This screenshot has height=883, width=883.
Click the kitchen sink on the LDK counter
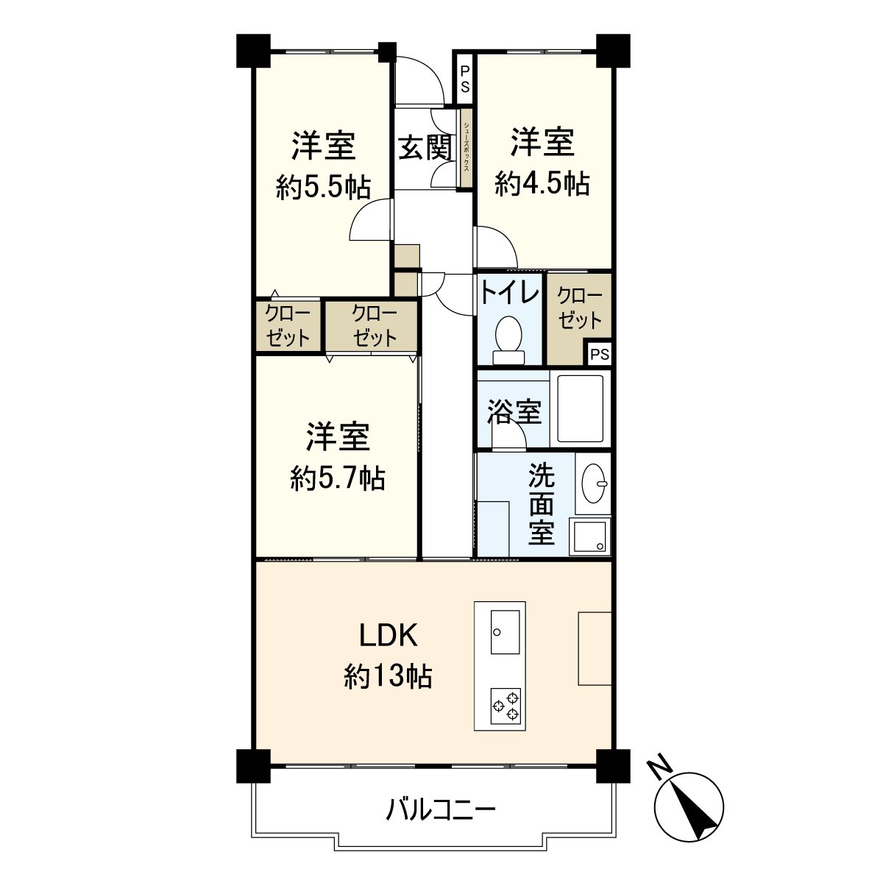tap(505, 631)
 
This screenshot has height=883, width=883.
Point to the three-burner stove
tap(506, 704)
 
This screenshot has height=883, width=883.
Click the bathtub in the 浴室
tap(580, 409)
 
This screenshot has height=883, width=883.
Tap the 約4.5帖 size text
tap(542, 183)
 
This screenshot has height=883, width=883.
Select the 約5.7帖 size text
tap(337, 479)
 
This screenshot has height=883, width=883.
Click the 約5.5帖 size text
tap(322, 188)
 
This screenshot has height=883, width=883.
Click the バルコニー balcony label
tap(441, 811)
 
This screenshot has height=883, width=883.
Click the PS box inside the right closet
tap(599, 354)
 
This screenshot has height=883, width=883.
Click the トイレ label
tap(509, 294)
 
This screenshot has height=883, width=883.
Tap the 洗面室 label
tap(542, 505)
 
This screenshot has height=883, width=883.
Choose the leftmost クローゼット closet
tap(288, 325)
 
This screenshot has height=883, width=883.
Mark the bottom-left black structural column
tap(253, 766)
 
